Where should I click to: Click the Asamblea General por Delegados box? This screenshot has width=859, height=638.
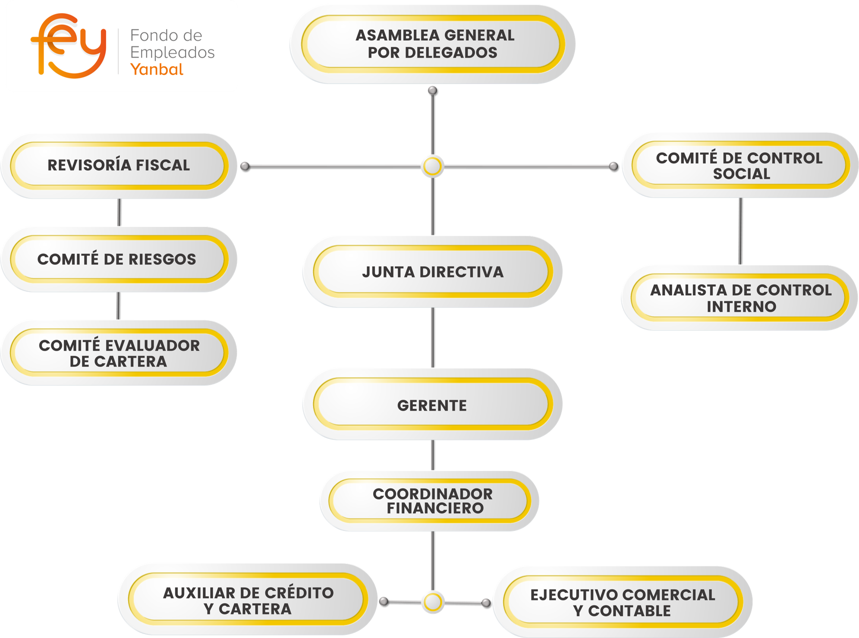coord(432,44)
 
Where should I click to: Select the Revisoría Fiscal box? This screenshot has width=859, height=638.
coord(119,165)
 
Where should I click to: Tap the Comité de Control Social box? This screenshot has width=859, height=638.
coord(739,165)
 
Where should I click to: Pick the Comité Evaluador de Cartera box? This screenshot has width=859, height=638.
coord(119,353)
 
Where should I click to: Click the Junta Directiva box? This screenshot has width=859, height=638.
coord(432,272)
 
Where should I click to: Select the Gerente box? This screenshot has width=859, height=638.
coord(432,405)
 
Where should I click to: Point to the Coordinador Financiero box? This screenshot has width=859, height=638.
coord(432,501)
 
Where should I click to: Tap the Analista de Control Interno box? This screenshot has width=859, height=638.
coord(740,298)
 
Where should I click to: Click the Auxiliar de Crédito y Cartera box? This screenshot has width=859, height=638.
coord(248,600)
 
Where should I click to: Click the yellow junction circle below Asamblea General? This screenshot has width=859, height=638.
coord(432,166)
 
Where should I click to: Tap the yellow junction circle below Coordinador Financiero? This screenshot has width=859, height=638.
coord(432,602)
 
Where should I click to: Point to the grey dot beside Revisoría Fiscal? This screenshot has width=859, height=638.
coord(245,166)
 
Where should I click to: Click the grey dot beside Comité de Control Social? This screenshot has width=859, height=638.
coord(613,166)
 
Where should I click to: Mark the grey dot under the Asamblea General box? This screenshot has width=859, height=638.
coord(432,91)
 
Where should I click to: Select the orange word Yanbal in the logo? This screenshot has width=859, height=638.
coord(157,69)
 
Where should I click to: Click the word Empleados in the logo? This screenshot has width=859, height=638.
coord(173,53)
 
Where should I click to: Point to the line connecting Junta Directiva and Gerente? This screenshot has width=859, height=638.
coord(432,337)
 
